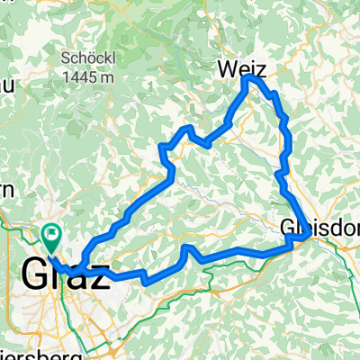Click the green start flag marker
[x=52, y=238]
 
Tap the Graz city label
[x=58, y=275]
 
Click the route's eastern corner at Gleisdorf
[x=309, y=235]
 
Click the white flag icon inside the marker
[x=52, y=236]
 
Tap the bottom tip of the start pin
[x=52, y=251]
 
